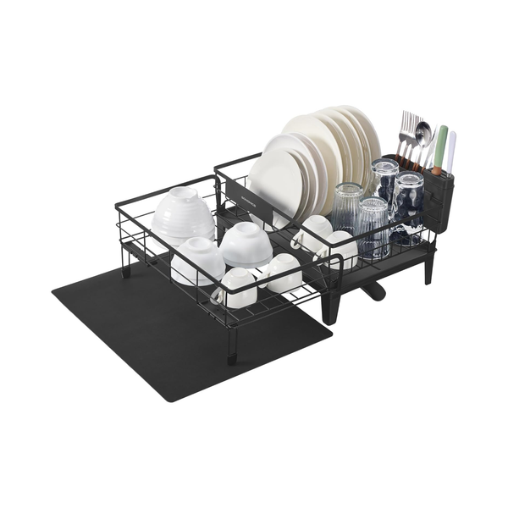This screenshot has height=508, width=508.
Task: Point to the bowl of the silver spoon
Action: (422, 131)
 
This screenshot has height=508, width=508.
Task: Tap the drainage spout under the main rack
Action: (373, 293)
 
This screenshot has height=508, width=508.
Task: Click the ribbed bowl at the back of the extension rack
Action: (184, 212)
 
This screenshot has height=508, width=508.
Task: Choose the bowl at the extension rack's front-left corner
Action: (197, 260)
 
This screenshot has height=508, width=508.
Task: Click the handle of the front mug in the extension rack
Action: (218, 296)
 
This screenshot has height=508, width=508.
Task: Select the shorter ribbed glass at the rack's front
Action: (373, 227)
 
